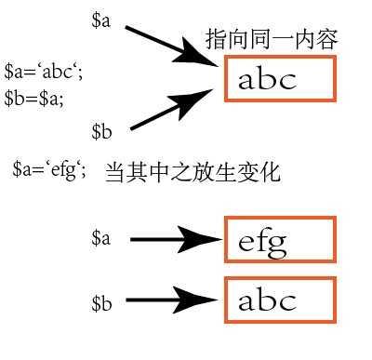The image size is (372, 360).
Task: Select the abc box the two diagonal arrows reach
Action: [279, 80]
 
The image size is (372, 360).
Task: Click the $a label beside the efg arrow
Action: [101, 240]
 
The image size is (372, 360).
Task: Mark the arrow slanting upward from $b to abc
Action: [174, 109]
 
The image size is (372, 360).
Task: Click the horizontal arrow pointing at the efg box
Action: [176, 241]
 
